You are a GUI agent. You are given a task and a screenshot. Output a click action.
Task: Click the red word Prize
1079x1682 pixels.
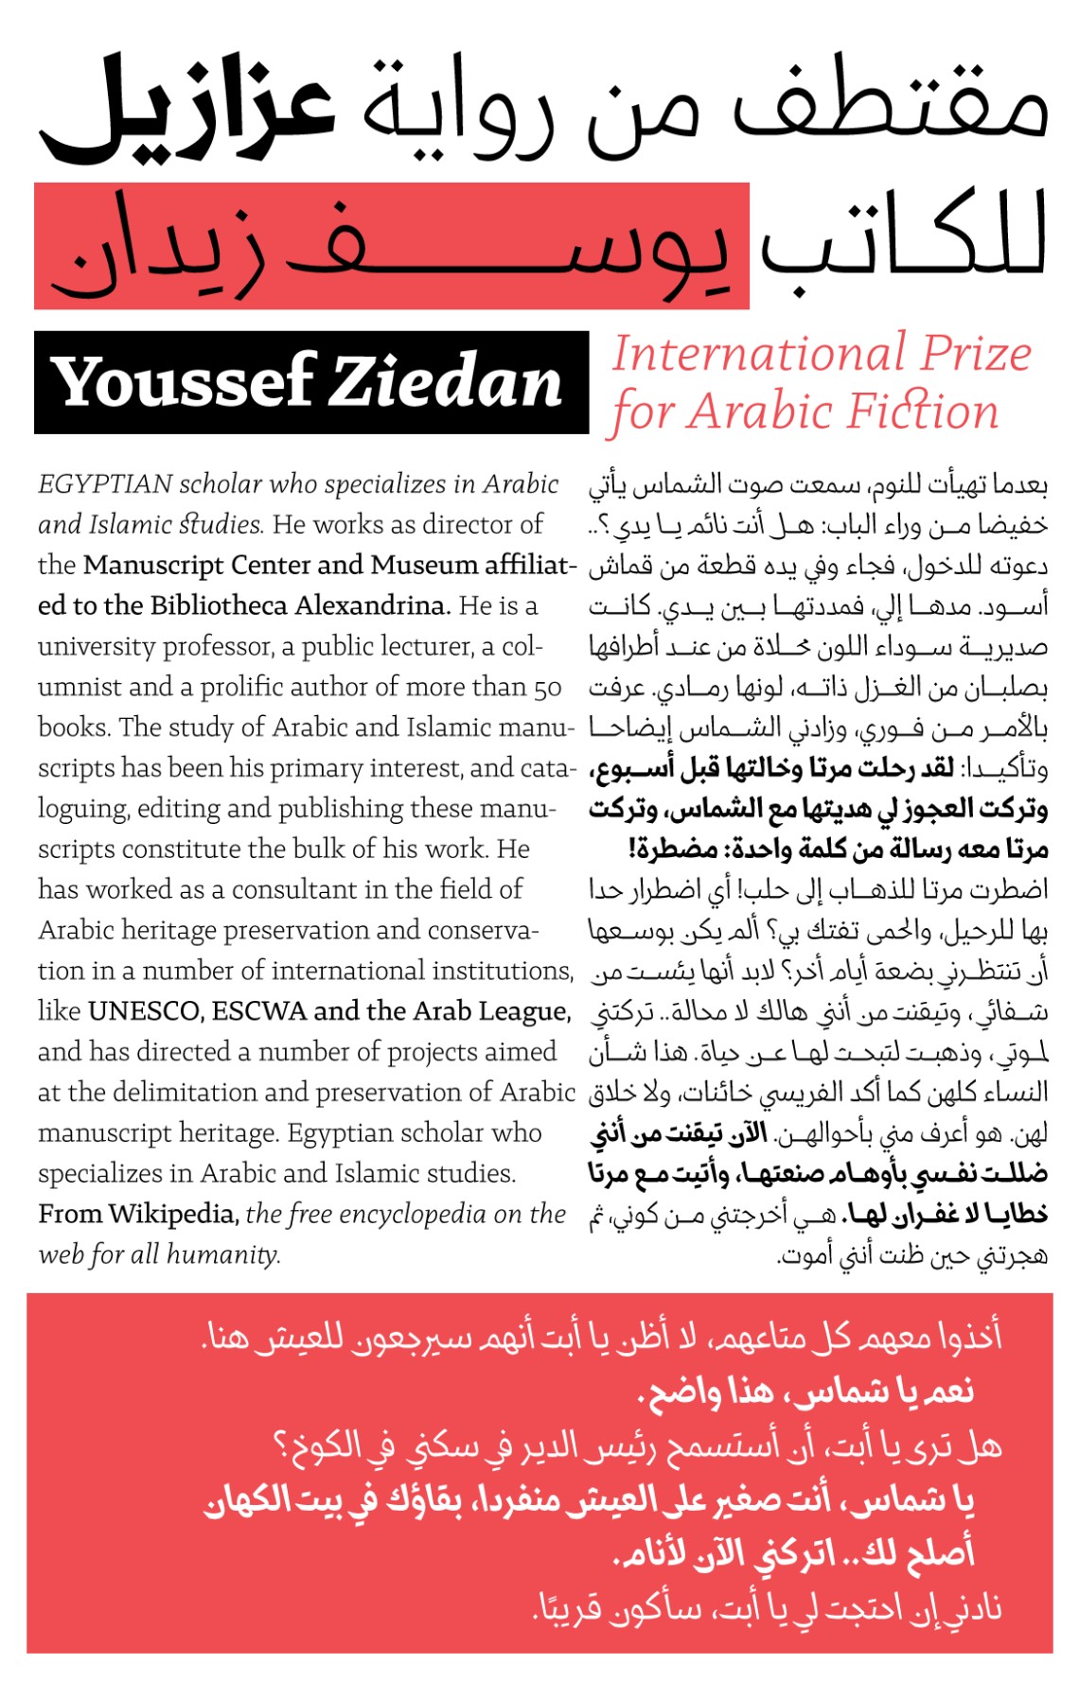(976, 355)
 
